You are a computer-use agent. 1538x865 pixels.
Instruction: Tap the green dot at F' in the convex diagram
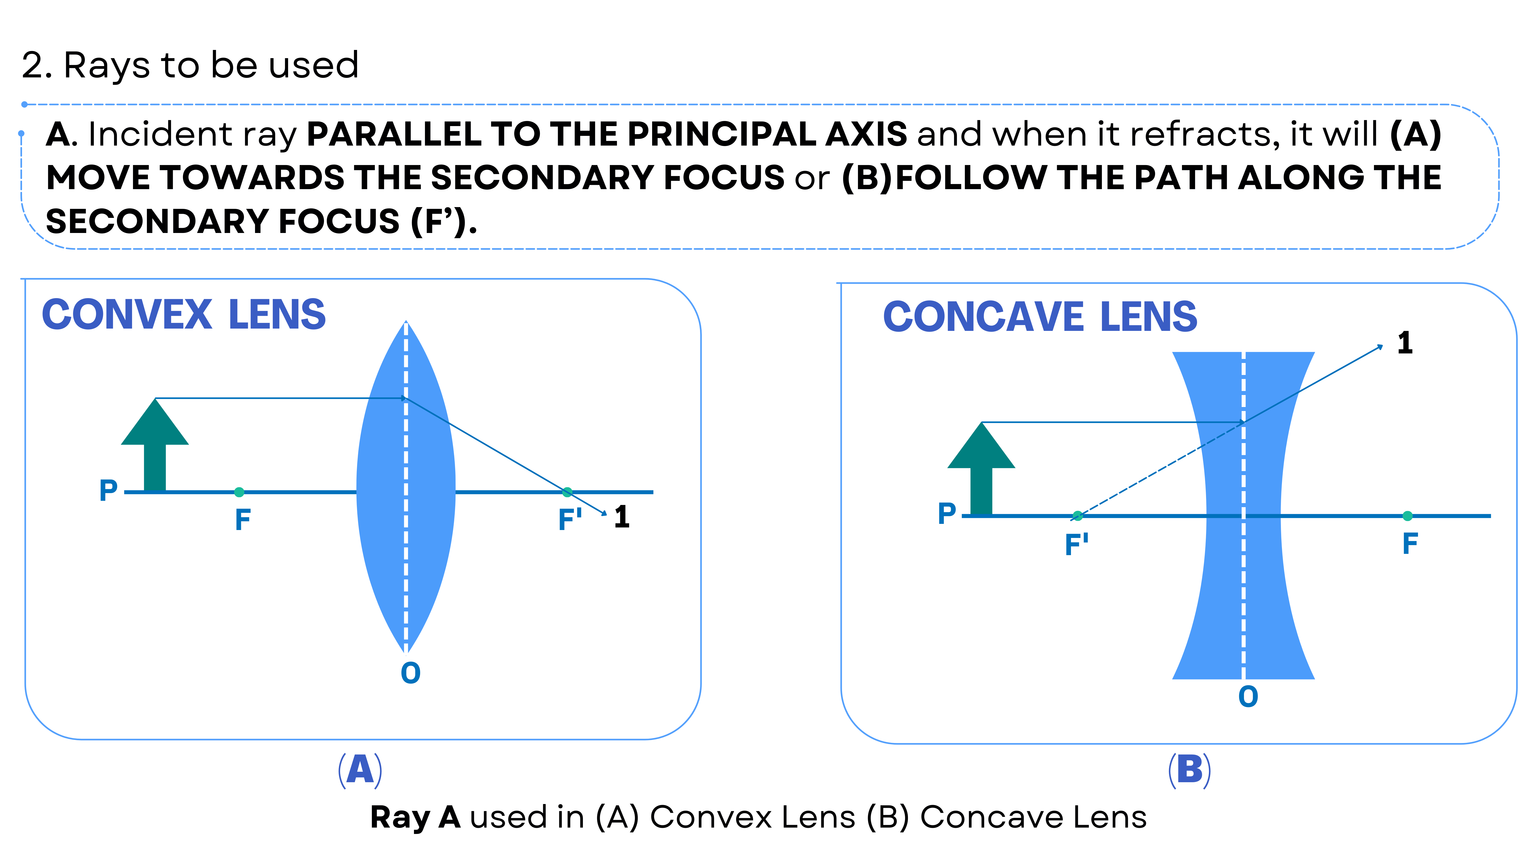pyautogui.click(x=567, y=492)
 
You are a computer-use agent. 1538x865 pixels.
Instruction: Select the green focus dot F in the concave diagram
pyautogui.click(x=1407, y=516)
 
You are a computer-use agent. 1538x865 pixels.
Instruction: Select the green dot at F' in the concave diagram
pyautogui.click(x=1077, y=516)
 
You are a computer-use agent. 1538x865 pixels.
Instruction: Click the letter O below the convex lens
pyautogui.click(x=410, y=673)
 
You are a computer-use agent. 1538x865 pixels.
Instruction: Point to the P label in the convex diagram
pyautogui.click(x=108, y=491)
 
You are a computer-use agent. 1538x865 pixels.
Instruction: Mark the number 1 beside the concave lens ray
pyautogui.click(x=1405, y=343)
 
